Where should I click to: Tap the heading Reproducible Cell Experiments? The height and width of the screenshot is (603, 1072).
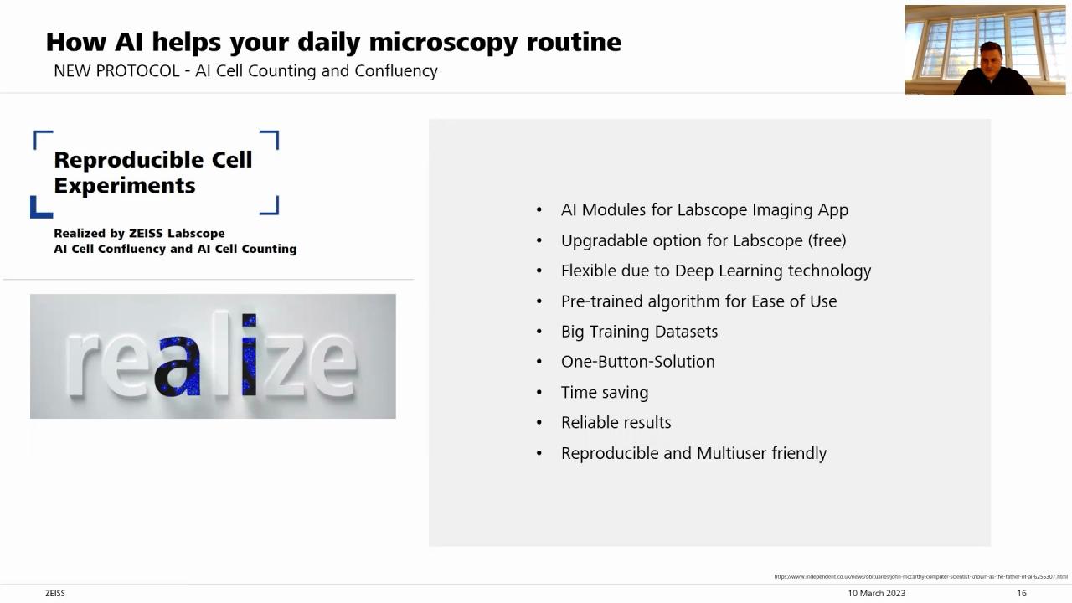tap(152, 173)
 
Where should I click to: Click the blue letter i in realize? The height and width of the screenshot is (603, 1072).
tap(249, 355)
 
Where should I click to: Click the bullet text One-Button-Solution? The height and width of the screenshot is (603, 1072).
tap(637, 362)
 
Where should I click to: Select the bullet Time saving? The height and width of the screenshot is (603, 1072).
tap(605, 392)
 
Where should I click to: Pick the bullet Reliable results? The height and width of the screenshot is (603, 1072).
tap(616, 423)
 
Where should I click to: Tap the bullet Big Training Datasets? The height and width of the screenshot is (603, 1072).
tap(639, 332)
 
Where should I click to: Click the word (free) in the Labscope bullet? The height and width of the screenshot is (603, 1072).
tap(827, 240)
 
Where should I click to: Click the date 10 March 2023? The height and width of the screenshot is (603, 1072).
tap(876, 593)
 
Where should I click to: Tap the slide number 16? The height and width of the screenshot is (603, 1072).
tap(1022, 593)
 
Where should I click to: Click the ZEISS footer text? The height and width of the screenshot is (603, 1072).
tap(55, 593)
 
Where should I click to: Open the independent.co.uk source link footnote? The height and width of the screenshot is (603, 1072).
tap(920, 576)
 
